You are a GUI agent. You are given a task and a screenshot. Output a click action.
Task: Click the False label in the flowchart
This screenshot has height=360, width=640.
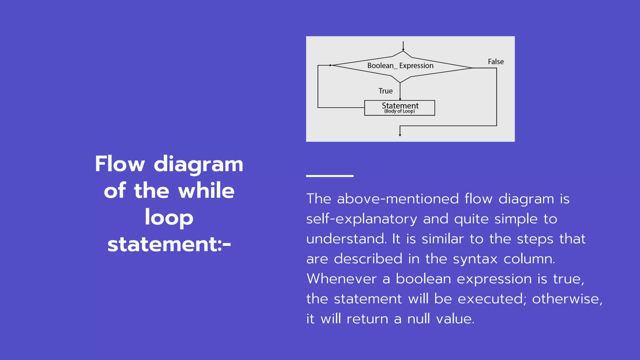click(496, 62)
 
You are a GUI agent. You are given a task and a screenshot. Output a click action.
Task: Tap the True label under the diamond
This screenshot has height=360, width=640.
click(385, 91)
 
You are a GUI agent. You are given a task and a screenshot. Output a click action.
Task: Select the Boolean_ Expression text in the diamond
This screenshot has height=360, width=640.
click(400, 66)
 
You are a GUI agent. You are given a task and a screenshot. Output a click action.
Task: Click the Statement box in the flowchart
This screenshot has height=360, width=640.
click(399, 108)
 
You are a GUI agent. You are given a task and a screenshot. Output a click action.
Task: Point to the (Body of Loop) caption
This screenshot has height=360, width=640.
click(399, 111)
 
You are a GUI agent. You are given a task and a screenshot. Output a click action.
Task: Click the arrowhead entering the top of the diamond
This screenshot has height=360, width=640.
click(403, 49)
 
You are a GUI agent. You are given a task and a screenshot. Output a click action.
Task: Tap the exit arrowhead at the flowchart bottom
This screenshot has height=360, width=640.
click(400, 135)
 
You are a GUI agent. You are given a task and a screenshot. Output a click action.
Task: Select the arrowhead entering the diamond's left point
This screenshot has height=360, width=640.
click(330, 65)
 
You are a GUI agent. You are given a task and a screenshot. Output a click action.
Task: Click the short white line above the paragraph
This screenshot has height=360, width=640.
click(330, 176)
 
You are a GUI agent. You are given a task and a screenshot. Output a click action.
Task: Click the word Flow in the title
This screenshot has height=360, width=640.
click(120, 164)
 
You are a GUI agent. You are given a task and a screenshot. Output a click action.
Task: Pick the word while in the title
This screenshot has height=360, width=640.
click(206, 191)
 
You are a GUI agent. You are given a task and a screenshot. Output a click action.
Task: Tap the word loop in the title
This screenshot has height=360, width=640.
click(169, 217)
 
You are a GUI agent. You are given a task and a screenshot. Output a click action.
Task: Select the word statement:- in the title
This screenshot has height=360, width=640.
click(169, 244)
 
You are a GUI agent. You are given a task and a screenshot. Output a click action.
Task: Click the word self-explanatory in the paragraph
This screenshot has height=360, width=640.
click(362, 219)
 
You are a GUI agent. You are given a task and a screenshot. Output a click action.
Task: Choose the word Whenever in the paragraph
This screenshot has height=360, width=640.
click(342, 279)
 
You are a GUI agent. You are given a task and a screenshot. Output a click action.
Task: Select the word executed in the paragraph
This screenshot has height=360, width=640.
click(492, 299)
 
